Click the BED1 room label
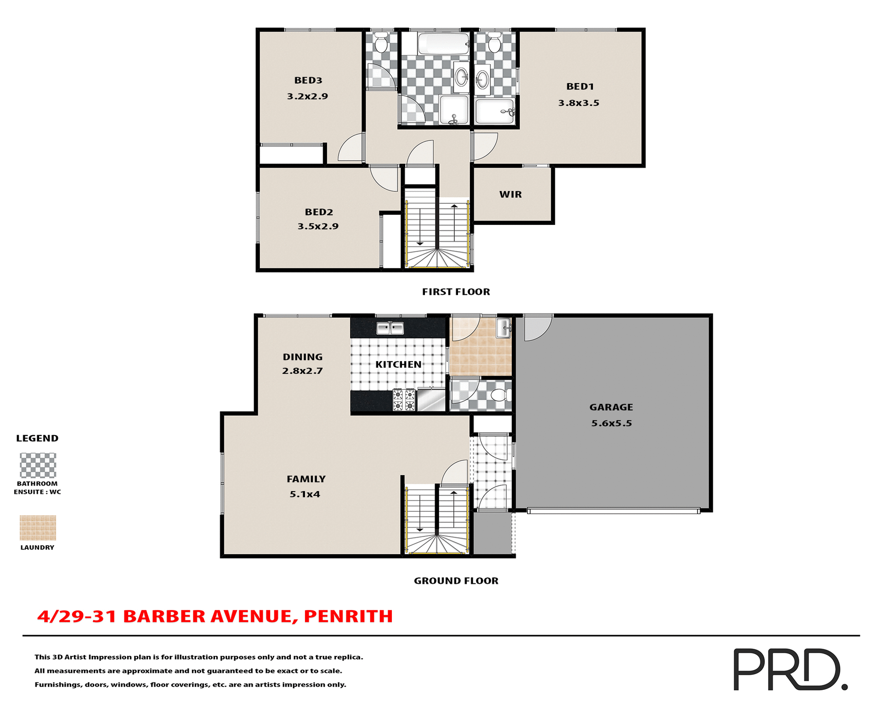pyautogui.click(x=580, y=86)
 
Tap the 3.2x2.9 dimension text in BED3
pyautogui.click(x=307, y=96)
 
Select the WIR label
pyautogui.click(x=510, y=194)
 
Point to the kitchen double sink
pyautogui.click(x=390, y=328)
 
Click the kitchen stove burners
pyautogui.click(x=404, y=400)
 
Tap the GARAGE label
pyautogui.click(x=611, y=407)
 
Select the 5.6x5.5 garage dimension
pyautogui.click(x=611, y=423)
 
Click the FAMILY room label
pyautogui.click(x=306, y=479)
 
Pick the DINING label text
pyautogui.click(x=302, y=357)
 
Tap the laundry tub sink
pyautogui.click(x=503, y=328)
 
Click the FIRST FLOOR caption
pyautogui.click(x=456, y=292)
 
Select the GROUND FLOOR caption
pyautogui.click(x=456, y=581)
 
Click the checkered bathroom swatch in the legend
pyautogui.click(x=38, y=465)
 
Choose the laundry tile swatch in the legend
pyautogui.click(x=38, y=528)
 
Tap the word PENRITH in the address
pyautogui.click(x=348, y=616)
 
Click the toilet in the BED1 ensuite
pyautogui.click(x=494, y=44)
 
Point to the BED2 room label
pyautogui.click(x=319, y=212)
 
